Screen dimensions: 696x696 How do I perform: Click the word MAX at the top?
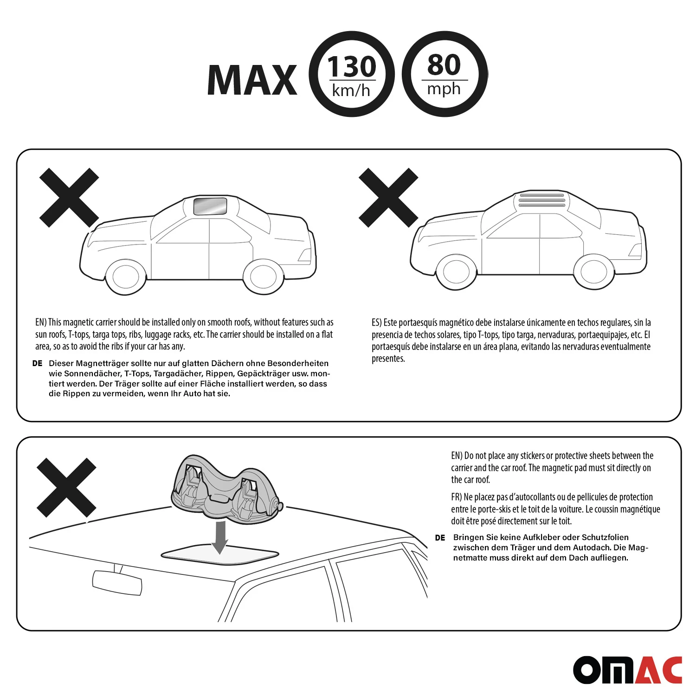click(x=252, y=80)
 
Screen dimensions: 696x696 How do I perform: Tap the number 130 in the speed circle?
click(x=352, y=66)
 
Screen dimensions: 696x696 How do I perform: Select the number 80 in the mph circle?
click(x=444, y=64)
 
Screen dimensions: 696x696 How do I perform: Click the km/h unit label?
click(x=351, y=90)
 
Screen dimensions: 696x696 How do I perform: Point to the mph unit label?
click(x=444, y=89)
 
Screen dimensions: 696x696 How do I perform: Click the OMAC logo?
click(x=627, y=670)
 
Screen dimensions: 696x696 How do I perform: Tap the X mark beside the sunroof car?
click(x=69, y=198)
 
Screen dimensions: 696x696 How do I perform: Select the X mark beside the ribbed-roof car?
click(x=388, y=198)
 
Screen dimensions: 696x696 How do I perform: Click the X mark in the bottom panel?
click(x=66, y=488)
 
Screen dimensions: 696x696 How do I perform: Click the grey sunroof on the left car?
click(x=210, y=206)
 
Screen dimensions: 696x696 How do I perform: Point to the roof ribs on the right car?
click(x=542, y=199)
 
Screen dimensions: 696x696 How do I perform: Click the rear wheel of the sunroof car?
click(x=264, y=277)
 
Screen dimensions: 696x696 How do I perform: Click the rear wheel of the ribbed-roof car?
click(x=594, y=272)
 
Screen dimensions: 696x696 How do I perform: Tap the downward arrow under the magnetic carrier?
click(x=219, y=537)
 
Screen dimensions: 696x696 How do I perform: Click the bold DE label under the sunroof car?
click(x=38, y=363)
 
